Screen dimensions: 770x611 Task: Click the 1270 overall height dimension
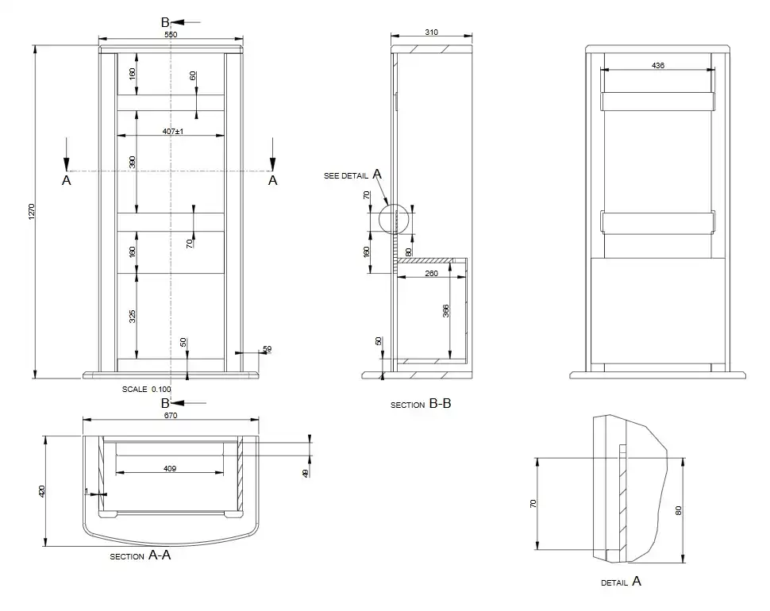click(32, 212)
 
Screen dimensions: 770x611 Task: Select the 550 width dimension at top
click(171, 34)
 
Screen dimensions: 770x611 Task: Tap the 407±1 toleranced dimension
click(173, 131)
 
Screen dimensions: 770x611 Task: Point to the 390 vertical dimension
click(132, 162)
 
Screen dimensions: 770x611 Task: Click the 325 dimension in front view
click(132, 317)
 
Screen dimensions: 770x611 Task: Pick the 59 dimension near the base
click(268, 349)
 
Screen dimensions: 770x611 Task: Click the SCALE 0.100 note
click(146, 389)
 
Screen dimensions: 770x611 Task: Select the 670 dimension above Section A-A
click(171, 415)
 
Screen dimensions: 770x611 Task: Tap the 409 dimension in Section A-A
click(170, 469)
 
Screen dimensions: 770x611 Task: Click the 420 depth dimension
click(42, 490)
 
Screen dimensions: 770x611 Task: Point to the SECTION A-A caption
click(141, 555)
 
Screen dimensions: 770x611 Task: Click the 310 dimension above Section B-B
click(431, 32)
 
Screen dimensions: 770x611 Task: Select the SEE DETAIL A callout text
click(352, 175)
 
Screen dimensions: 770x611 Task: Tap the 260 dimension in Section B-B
click(431, 273)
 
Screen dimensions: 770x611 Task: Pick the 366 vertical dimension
click(446, 310)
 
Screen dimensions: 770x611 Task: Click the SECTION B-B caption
click(421, 404)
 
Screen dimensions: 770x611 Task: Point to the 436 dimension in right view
click(657, 65)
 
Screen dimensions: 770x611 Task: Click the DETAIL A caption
click(622, 582)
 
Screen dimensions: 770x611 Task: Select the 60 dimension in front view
click(193, 75)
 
